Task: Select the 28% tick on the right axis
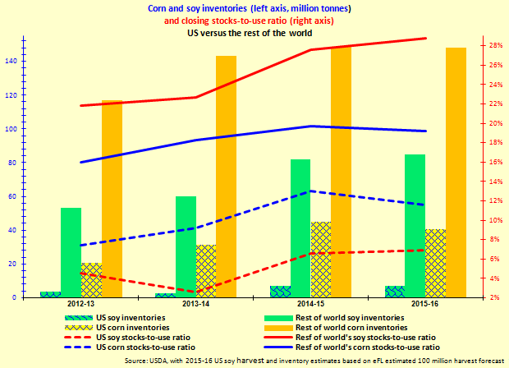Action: [x=495, y=45]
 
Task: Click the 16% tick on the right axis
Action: [x=495, y=162]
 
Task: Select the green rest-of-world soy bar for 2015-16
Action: [x=415, y=226]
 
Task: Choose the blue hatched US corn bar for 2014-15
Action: [x=321, y=259]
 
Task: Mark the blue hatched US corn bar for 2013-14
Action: [x=205, y=270]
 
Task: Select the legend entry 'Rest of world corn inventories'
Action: [x=345, y=327]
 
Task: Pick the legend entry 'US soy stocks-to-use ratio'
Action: [x=144, y=337]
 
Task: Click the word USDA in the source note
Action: [x=158, y=360]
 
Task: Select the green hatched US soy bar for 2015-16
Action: [x=395, y=291]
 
